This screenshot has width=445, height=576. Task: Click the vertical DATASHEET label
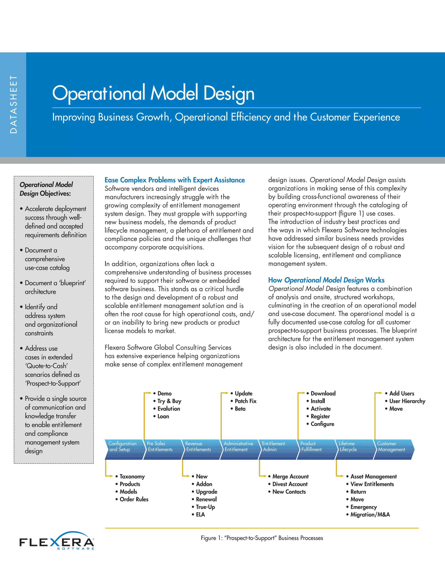pos(13,104)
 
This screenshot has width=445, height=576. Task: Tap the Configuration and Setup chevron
pos(123,449)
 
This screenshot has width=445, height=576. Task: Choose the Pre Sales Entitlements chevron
pos(162,449)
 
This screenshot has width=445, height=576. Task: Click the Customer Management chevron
pos(393,449)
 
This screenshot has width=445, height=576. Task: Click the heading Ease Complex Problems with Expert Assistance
pos(174,180)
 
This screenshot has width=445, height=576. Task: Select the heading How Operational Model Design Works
pos(326,280)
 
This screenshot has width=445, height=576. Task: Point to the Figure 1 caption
pos(262,538)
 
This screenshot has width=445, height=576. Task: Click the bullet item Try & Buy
pos(169,401)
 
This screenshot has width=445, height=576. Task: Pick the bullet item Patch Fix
pos(246,401)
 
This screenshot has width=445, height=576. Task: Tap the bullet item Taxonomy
pos(132,477)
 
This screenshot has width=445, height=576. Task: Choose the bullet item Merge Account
pos(291,477)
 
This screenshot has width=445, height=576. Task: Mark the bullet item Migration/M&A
pos(370,514)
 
